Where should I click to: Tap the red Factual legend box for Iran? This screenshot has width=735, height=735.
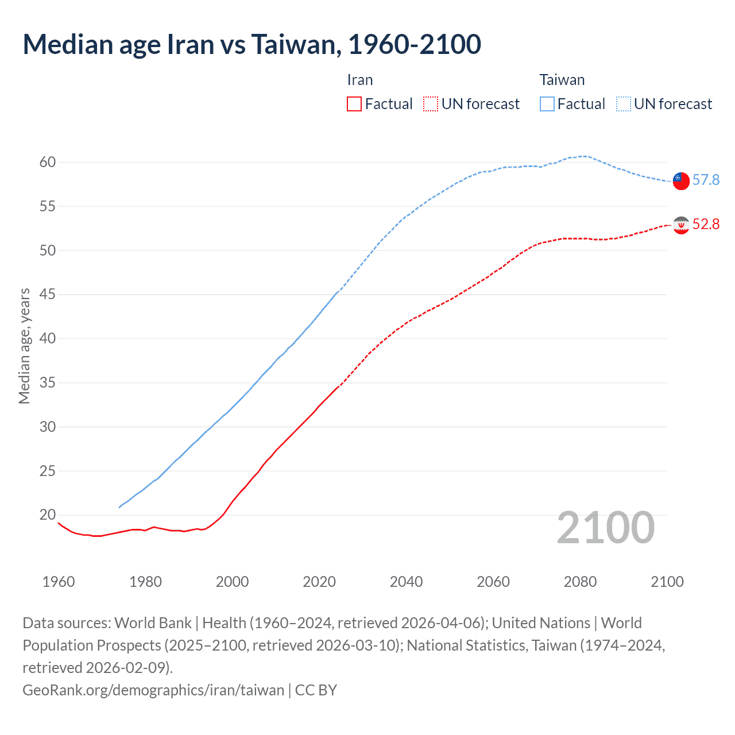pos(354,104)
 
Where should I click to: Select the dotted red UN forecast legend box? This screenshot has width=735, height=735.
pos(431,104)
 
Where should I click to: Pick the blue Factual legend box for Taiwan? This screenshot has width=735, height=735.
pos(547,104)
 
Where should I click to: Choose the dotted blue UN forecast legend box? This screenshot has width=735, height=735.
pos(624,104)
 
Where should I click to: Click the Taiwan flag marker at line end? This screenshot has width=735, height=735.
pos(681,180)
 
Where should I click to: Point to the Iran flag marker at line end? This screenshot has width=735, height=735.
pos(681,225)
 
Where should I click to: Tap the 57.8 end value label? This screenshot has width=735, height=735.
pos(706,180)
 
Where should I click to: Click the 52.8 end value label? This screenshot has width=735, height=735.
pos(706,225)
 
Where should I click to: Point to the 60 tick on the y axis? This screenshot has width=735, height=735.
pos(48,163)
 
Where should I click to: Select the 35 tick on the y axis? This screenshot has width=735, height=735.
pos(48,382)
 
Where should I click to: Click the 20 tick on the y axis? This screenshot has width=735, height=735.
pos(48,515)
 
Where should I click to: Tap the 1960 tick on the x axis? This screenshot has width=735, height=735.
pos(59,582)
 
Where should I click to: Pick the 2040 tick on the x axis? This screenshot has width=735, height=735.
pos(406,582)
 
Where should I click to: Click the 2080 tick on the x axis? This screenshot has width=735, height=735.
pos(580,582)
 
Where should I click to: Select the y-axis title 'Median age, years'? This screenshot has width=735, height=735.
pos(24,346)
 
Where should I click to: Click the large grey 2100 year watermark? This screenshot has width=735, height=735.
pos(605,528)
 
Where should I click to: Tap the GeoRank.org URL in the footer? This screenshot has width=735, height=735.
pos(153,690)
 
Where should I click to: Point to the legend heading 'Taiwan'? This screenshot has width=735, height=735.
pos(562,80)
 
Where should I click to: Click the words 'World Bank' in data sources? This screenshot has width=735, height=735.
pos(153,623)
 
